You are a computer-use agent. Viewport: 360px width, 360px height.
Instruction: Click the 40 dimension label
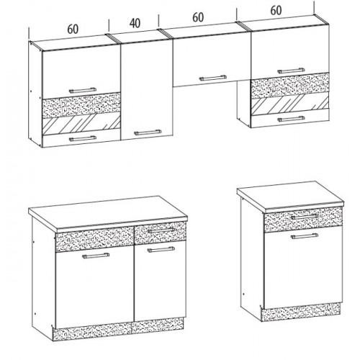[x=135, y=23]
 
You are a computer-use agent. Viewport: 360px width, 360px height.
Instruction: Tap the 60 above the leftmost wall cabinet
[x=73, y=29]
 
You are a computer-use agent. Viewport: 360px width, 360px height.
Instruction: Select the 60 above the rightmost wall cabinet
[x=276, y=10]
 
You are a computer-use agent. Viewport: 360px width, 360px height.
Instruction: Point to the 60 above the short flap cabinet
[x=198, y=17]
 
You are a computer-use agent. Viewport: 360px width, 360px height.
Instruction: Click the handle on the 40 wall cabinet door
[x=148, y=132]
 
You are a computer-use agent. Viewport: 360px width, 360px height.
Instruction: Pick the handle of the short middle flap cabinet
[x=213, y=78]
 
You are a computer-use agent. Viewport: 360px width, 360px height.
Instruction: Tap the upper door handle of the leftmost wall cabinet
[x=83, y=90]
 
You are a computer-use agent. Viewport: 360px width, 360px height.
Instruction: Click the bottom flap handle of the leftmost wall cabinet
[x=83, y=138]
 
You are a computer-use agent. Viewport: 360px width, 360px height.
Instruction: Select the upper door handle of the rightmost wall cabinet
[x=291, y=71]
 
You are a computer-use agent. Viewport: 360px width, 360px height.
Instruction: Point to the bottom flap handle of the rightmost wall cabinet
[x=291, y=119]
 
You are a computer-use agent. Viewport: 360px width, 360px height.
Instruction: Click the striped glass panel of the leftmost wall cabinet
[x=81, y=124]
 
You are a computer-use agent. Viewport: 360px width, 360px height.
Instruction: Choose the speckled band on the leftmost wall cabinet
[x=81, y=105]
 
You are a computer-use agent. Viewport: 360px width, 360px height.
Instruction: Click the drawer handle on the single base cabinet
[x=305, y=217]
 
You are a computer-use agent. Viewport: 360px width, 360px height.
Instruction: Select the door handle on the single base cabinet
[x=305, y=236]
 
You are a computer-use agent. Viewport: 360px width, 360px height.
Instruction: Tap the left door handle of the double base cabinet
[x=96, y=256]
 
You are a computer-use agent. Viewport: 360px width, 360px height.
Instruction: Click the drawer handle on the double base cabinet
[x=161, y=230]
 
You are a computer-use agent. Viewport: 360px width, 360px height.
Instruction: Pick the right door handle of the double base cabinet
[x=161, y=250]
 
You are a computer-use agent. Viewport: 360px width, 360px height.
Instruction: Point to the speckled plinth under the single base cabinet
[x=300, y=312]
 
